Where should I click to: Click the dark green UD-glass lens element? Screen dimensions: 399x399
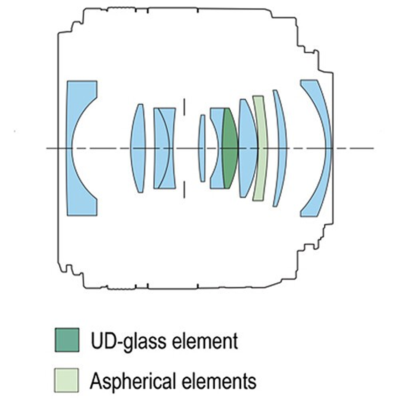tap(230, 149)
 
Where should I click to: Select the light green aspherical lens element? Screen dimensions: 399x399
tap(260, 148)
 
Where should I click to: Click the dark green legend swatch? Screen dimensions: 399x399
tap(67, 340)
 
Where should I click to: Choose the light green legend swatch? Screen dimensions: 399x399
tap(66, 380)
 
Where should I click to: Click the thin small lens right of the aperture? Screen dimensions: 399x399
tap(202, 148)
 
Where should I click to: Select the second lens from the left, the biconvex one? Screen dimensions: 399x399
tap(138, 148)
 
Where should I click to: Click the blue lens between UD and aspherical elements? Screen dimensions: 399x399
tap(247, 148)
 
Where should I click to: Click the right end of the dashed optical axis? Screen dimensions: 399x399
tap(372, 148)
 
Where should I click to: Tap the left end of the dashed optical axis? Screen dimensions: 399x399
tap(48, 148)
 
